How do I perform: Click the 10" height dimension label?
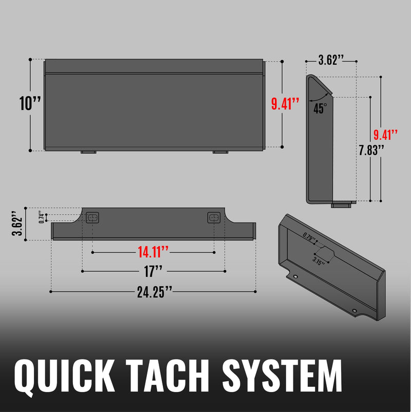(30, 103)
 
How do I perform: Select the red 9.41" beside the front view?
(285, 103)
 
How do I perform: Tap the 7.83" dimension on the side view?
(371, 149)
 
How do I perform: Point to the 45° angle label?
(320, 108)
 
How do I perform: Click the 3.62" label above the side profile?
(331, 60)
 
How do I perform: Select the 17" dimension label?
(153, 270)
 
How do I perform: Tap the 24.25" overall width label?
(154, 292)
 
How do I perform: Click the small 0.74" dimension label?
(42, 218)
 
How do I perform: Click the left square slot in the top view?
(92, 218)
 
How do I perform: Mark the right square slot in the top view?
(214, 218)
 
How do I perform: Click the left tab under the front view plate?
(88, 152)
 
